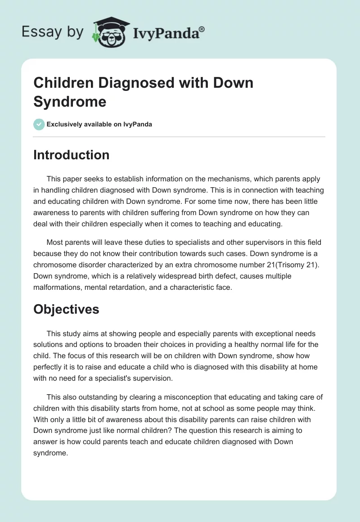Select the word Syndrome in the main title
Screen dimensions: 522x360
(x=70, y=102)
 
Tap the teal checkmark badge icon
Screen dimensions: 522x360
(x=39, y=124)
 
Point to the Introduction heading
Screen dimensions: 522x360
(x=71, y=155)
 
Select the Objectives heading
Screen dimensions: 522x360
(x=66, y=309)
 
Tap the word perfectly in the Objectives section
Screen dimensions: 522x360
(x=50, y=367)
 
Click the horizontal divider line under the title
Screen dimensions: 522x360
(x=179, y=137)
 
